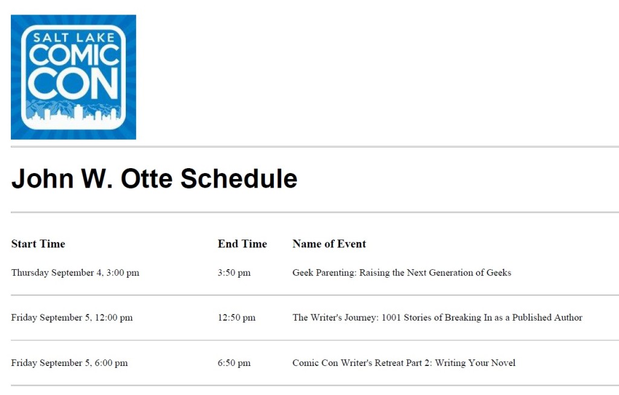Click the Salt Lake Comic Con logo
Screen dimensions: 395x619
[73, 77]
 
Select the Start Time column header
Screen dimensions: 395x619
[38, 244]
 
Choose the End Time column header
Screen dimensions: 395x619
[242, 244]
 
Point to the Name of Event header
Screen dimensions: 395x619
[329, 244]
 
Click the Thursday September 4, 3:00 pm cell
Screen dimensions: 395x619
[75, 273]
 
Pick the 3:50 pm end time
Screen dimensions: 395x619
[234, 273]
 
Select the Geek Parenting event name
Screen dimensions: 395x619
[401, 273]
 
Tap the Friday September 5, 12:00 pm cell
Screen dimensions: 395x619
[72, 318]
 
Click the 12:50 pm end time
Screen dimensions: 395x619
[236, 318]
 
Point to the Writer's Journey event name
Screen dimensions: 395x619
[437, 318]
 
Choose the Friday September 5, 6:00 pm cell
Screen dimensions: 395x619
[70, 363]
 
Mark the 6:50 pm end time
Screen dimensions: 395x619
[234, 363]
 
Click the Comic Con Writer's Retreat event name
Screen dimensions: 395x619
[404, 363]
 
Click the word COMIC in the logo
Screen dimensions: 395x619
[74, 56]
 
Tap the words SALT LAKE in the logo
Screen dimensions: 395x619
[74, 38]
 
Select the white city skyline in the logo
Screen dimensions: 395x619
[73, 115]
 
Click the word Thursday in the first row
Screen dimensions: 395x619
[30, 273]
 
